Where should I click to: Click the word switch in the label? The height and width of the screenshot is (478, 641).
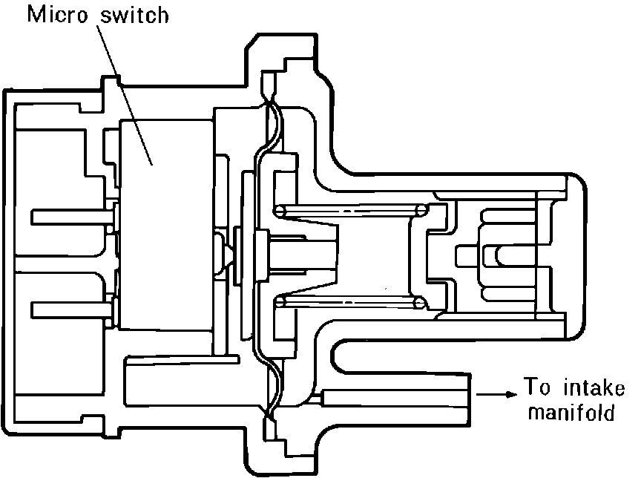point(134,16)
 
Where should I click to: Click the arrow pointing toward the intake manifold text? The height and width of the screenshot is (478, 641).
point(498,394)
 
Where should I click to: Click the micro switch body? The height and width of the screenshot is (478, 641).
point(160,223)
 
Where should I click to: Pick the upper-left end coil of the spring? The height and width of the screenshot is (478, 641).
point(279,212)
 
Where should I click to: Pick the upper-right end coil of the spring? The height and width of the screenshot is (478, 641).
point(420,212)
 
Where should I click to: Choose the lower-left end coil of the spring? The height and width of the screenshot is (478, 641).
point(279,301)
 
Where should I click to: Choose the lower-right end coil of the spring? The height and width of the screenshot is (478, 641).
point(420,301)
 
